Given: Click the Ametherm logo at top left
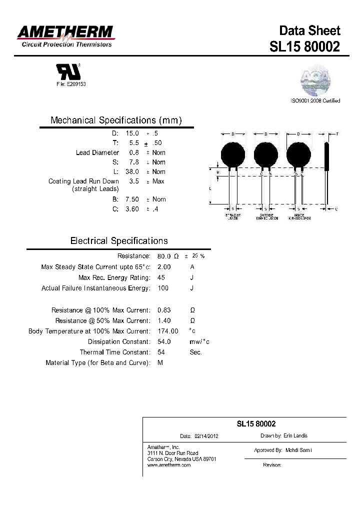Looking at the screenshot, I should point(65,36).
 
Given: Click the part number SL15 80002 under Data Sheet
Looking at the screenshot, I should point(304,46).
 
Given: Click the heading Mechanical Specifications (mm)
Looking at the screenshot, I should point(116,120).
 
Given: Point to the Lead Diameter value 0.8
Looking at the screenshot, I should point(133,152).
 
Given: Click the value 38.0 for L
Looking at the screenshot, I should point(132,171).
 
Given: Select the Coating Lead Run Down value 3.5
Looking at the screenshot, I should point(133,181).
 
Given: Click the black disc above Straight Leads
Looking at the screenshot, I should point(233,154).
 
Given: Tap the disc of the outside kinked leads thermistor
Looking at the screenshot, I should point(265,154).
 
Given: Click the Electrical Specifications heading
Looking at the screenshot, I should point(119,241).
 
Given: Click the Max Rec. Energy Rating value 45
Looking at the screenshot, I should point(161,277).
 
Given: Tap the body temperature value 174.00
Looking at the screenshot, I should point(167,331).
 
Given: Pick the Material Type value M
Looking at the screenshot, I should point(160,362).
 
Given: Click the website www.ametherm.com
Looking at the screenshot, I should point(169,465).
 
